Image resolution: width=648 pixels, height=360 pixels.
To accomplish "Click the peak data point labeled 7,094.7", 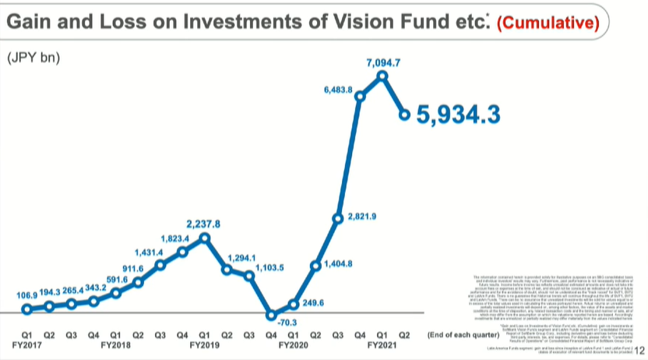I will [x=382, y=76].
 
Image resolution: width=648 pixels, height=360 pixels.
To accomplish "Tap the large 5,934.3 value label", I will [x=458, y=115].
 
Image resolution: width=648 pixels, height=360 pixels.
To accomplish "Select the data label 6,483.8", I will [x=338, y=90].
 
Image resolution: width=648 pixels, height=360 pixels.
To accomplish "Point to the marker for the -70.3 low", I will [x=271, y=316].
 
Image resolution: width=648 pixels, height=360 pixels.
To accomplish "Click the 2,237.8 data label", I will [x=204, y=224].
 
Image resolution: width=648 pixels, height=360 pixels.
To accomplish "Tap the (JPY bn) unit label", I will [x=33, y=58].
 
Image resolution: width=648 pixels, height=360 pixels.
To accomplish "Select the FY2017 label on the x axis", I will [x=26, y=344].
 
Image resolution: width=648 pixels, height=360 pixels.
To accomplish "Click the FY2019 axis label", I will [x=205, y=344].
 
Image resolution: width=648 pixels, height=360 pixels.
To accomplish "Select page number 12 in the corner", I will [x=641, y=351].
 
